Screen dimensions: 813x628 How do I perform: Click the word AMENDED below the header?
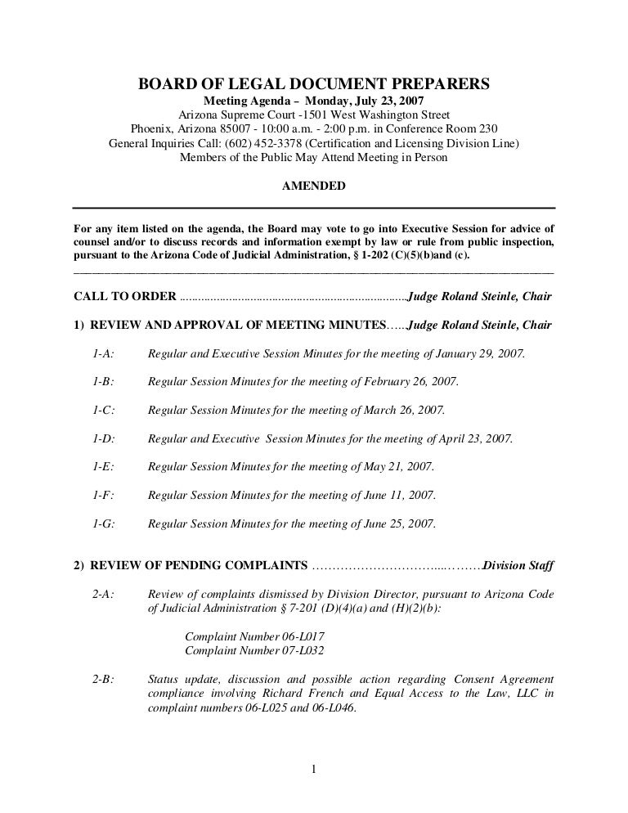coord(313,186)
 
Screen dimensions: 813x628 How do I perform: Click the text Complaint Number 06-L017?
coord(255,636)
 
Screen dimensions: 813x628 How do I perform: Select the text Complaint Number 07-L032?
coord(255,651)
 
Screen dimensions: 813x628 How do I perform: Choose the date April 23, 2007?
coord(475,438)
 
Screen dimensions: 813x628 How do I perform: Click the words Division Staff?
coord(518,566)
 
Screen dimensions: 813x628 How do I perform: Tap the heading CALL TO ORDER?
coord(125,296)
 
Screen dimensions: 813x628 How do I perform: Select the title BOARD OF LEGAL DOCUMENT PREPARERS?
coord(313,84)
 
